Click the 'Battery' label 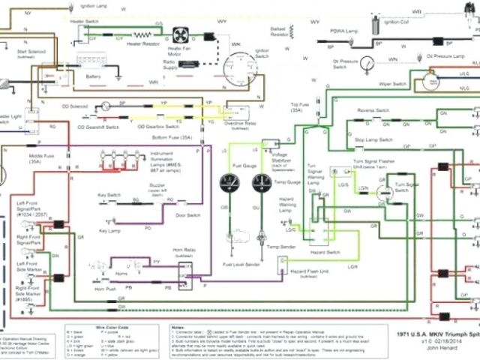point(94,76)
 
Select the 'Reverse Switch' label point(373,109)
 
